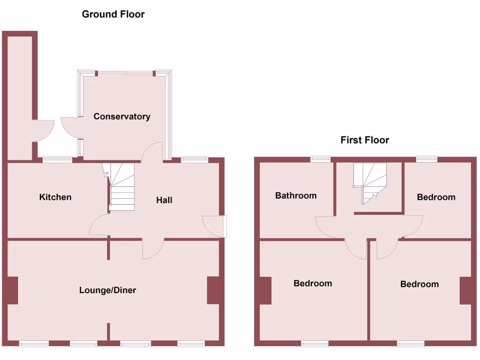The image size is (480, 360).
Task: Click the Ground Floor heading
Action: pos(113,14)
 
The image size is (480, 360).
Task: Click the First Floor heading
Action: pos(365,140)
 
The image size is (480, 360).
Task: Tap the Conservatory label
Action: pos(122,116)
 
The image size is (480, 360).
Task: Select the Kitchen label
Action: pos(55,197)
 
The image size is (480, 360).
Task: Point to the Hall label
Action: pos(164,200)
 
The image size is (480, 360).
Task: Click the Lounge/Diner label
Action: pos(107,290)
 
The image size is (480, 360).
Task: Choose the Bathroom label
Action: pos(296,195)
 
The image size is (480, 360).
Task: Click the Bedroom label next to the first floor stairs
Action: pos(436,197)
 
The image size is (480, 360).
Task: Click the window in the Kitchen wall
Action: pos(57,159)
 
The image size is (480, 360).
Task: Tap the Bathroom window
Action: pos(320,159)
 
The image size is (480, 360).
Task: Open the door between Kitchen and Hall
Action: pos(99,225)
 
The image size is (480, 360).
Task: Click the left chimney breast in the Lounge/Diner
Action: pos(13,290)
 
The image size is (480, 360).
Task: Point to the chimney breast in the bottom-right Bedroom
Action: pos(465,291)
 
